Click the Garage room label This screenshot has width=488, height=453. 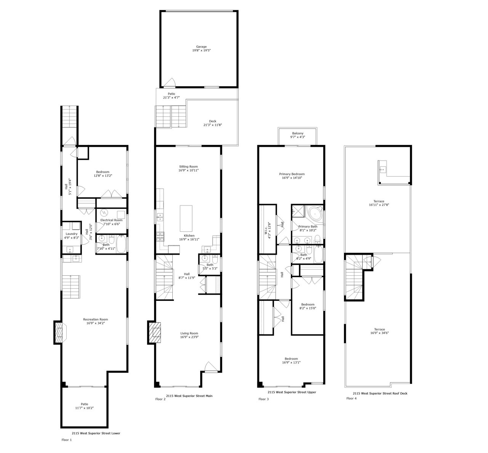[x=202, y=47]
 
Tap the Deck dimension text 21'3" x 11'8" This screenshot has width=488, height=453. [x=212, y=125]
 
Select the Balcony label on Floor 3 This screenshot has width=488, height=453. [x=298, y=133]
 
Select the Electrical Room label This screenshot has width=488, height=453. [x=111, y=220]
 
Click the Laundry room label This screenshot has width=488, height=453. [x=72, y=234]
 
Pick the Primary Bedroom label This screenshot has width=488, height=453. [x=293, y=174]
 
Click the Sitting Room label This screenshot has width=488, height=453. [x=188, y=167]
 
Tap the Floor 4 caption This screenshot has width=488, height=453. [x=352, y=398]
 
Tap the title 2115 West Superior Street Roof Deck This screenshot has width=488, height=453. [x=380, y=393]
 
